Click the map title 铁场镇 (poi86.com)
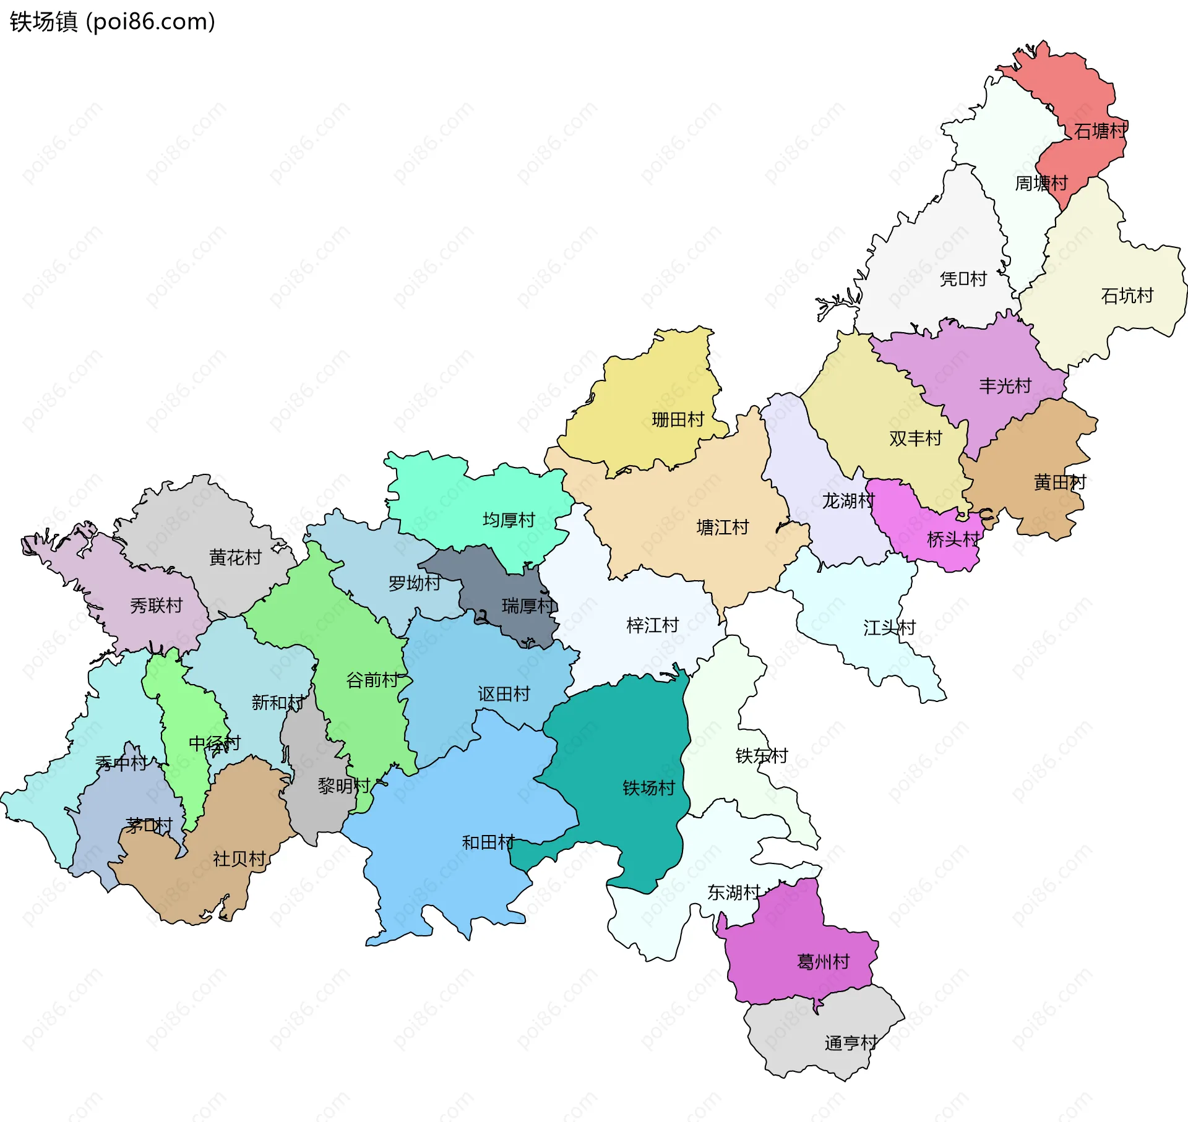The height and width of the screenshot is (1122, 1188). [112, 22]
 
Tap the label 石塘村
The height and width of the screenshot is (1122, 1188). [1100, 131]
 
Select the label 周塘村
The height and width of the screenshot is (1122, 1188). [1041, 183]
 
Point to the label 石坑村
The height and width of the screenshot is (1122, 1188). [1127, 296]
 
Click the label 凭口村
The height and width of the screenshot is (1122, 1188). [963, 279]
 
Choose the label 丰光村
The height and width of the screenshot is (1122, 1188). [1005, 386]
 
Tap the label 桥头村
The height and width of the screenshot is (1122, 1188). [953, 539]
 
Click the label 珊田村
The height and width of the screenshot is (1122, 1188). [678, 419]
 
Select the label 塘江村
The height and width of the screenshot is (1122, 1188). [723, 527]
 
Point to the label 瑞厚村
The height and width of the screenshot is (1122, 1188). [528, 606]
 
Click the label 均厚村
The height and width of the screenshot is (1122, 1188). [509, 520]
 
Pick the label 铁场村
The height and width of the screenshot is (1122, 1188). [648, 787]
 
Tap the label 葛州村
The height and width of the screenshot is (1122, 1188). [824, 961]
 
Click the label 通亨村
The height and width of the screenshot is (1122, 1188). [851, 1043]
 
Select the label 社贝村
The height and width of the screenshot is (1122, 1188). [239, 859]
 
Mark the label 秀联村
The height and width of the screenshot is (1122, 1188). [157, 605]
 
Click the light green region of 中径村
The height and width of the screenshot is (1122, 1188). [186, 711]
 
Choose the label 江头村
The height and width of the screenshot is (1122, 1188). [889, 628]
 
